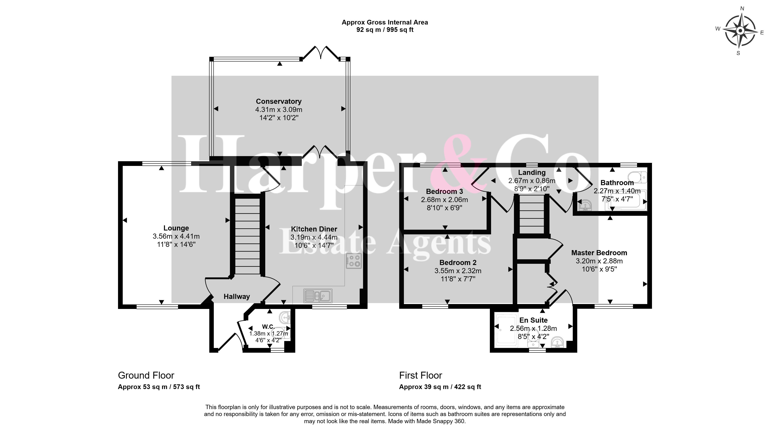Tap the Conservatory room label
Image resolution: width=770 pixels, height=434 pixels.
click(x=279, y=101)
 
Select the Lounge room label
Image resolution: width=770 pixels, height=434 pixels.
click(x=176, y=228)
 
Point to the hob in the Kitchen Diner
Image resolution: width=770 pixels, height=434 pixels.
click(x=354, y=261)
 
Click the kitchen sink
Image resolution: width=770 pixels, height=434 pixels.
click(x=318, y=296)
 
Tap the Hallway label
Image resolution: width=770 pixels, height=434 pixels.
click(x=237, y=296)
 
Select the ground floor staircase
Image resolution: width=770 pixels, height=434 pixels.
click(x=247, y=236)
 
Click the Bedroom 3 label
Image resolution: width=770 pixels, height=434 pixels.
click(x=445, y=191)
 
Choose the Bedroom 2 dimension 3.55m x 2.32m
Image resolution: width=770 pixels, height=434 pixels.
click(x=458, y=271)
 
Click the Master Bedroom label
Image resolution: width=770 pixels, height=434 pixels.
click(x=599, y=253)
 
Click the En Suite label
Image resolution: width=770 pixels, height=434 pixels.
click(x=533, y=320)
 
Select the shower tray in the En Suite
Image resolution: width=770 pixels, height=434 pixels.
click(x=506, y=330)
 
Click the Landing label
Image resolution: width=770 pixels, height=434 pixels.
click(x=532, y=173)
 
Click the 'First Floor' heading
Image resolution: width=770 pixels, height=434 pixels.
click(x=421, y=375)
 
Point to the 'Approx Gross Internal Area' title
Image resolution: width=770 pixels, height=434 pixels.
click(x=385, y=22)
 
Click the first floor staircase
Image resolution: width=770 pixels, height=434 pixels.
click(x=532, y=214)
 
